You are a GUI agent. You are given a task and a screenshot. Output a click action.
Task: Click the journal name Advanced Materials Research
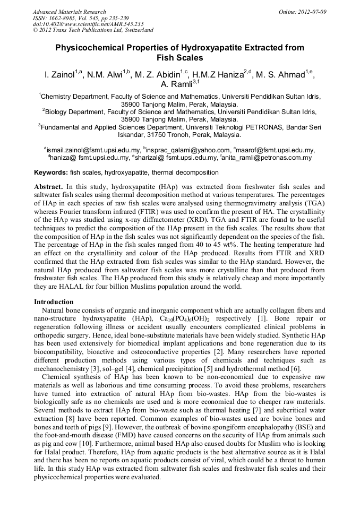pyautogui.click(x=69, y=12)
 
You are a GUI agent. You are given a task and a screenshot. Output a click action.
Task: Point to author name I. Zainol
pyautogui.click(x=59, y=75)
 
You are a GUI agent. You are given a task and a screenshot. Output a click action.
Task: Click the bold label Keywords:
pyautogui.click(x=51, y=172)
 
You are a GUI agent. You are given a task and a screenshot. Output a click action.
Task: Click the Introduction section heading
pyautogui.click(x=54, y=302)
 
